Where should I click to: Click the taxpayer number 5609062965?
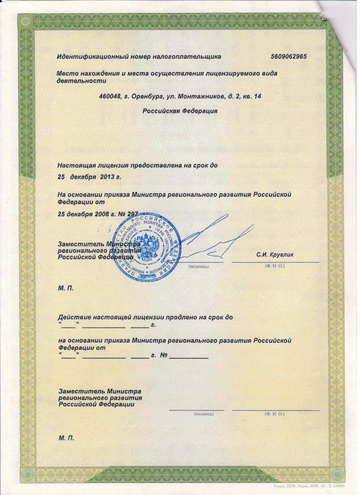pos(289,56)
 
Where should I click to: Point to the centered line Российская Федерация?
pos(180,111)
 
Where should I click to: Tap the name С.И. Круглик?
pos(275,255)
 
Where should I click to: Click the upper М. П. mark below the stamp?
pos(66,289)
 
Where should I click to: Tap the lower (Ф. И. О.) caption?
pos(274,414)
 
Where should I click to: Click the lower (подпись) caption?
pos(204,414)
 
